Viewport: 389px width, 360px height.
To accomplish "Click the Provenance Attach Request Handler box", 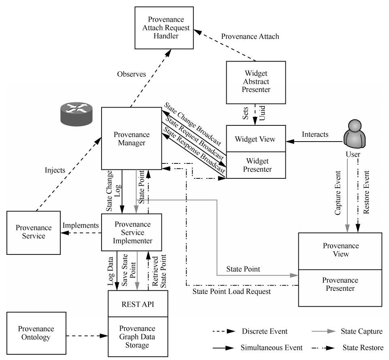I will click(165, 29).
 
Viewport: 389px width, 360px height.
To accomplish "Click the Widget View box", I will click(255, 140).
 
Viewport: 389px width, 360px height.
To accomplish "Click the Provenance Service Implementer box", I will click(133, 233).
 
